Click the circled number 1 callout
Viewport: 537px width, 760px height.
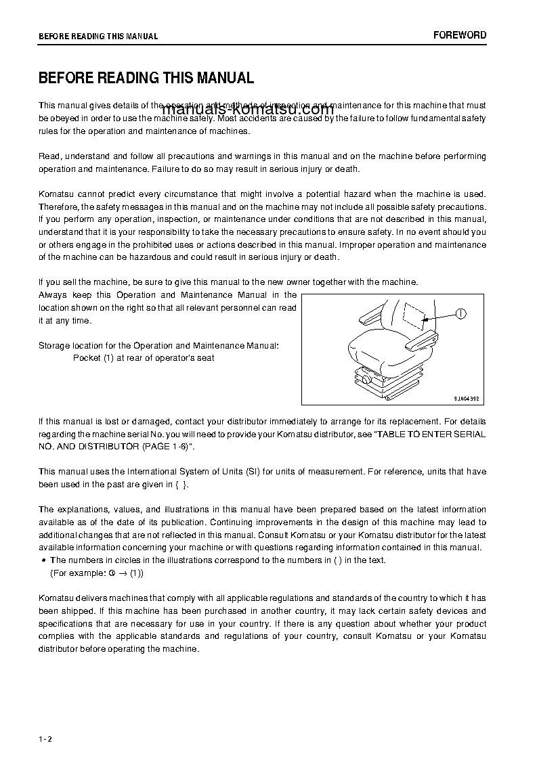tap(461, 313)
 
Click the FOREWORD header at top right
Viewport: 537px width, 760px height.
tap(460, 35)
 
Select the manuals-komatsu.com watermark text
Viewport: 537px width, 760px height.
tap(247, 110)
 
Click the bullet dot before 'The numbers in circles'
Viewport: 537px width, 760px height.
tap(43, 560)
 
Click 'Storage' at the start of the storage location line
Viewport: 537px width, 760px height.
tap(54, 346)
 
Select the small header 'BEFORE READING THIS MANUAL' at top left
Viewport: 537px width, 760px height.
tap(98, 37)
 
